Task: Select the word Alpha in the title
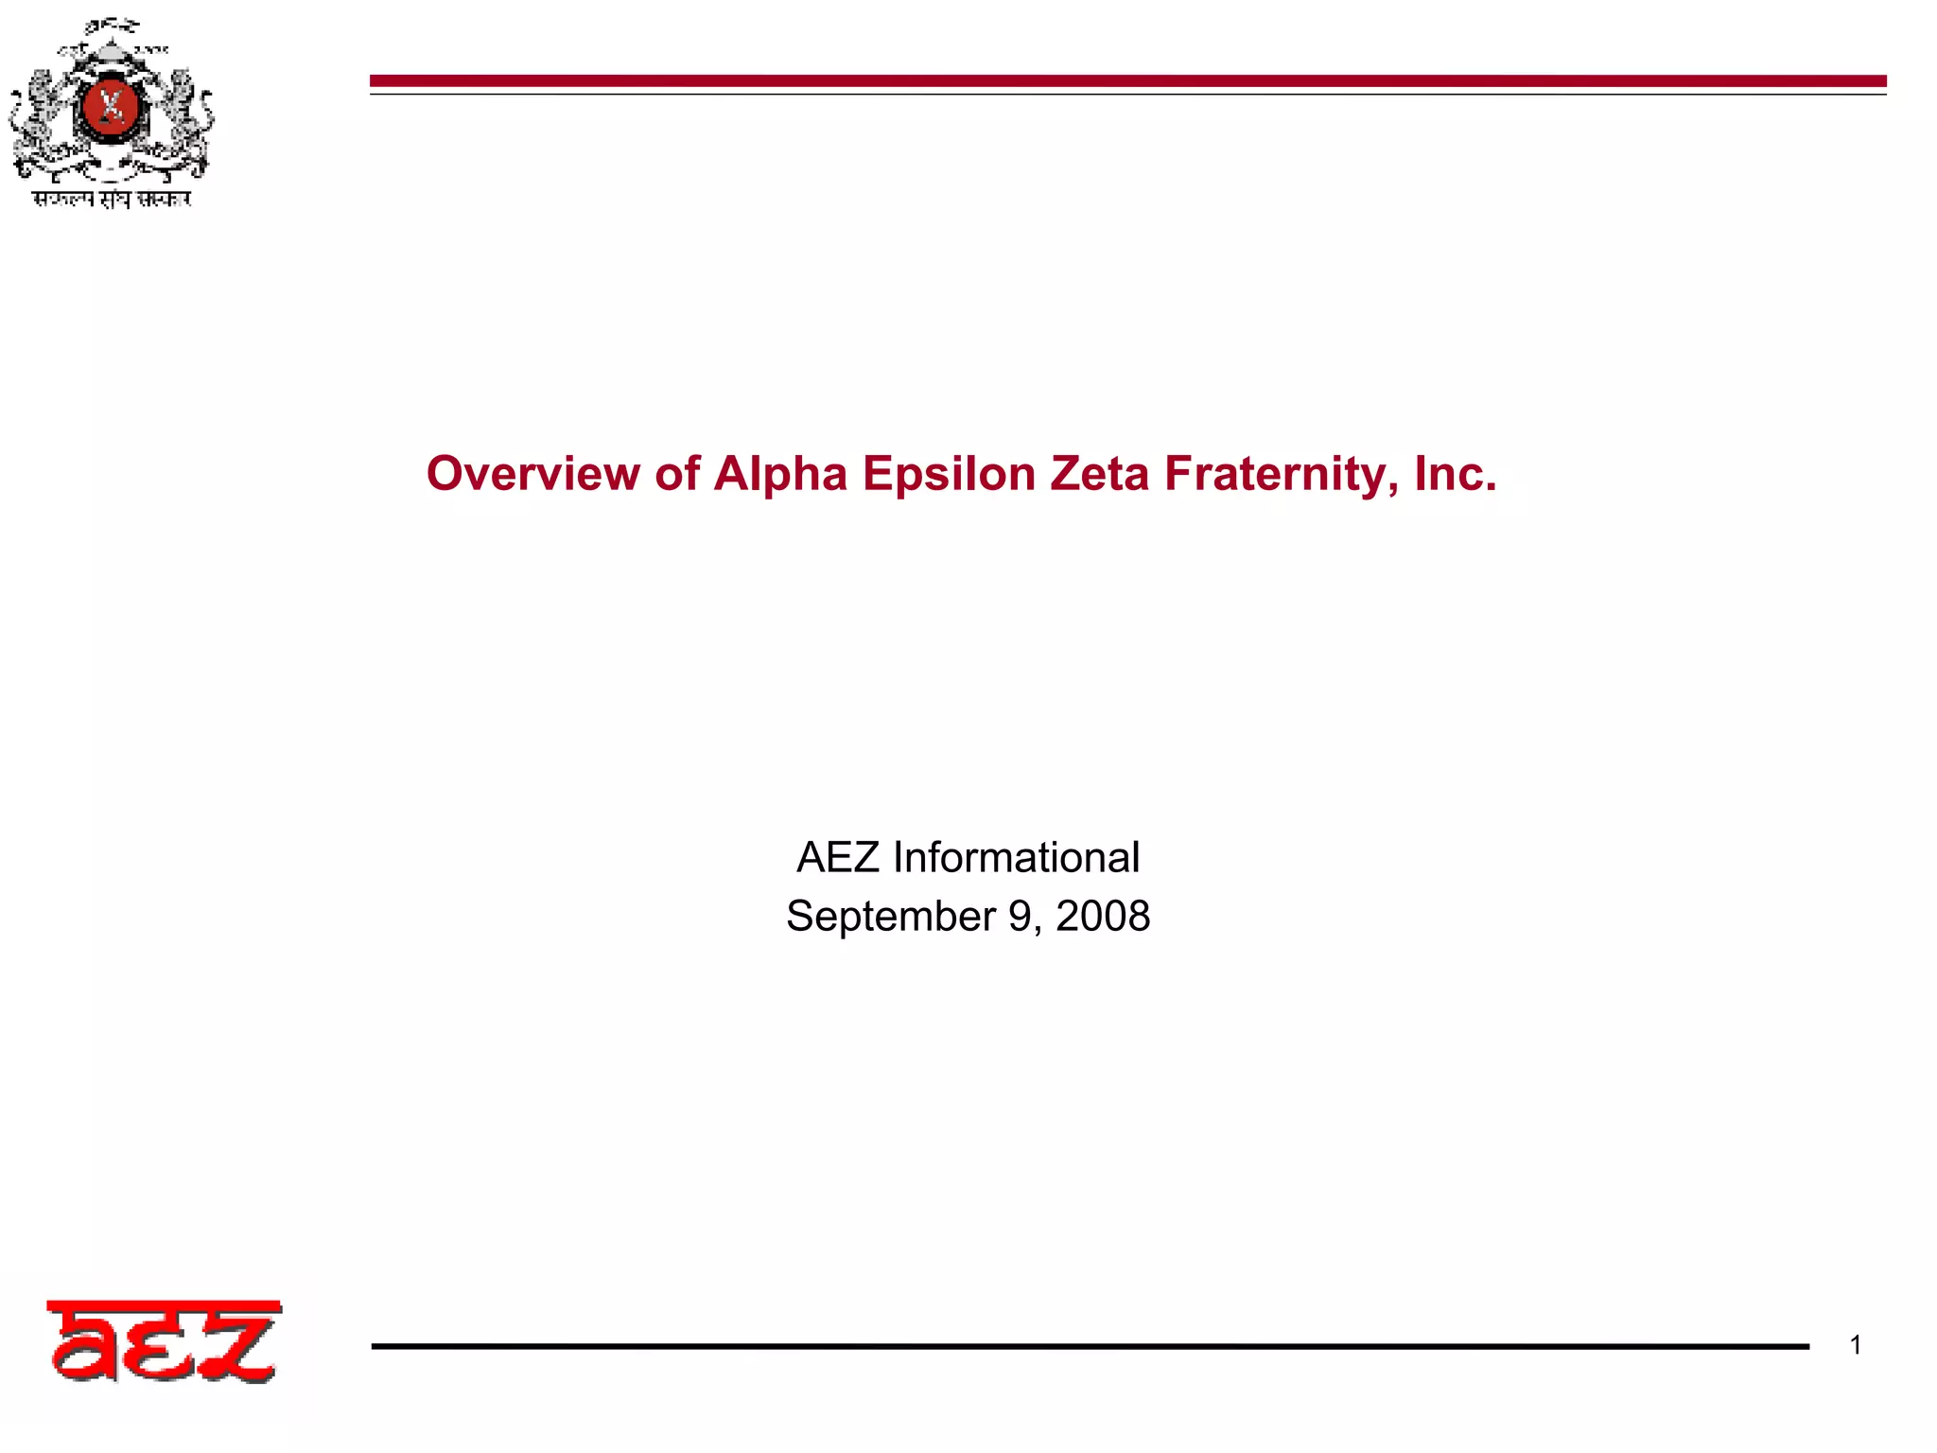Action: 780,474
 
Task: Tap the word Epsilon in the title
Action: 949,474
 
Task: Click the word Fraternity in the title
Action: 1281,474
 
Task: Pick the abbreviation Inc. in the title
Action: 1456,474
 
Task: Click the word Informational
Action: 1016,858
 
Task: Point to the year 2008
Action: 1103,917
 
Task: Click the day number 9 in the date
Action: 1021,917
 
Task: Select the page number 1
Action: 1856,1345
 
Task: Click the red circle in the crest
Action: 112,106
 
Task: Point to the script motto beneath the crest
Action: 112,199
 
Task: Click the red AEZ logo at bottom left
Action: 163,1341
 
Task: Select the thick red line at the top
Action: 1127,81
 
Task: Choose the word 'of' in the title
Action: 676,474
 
